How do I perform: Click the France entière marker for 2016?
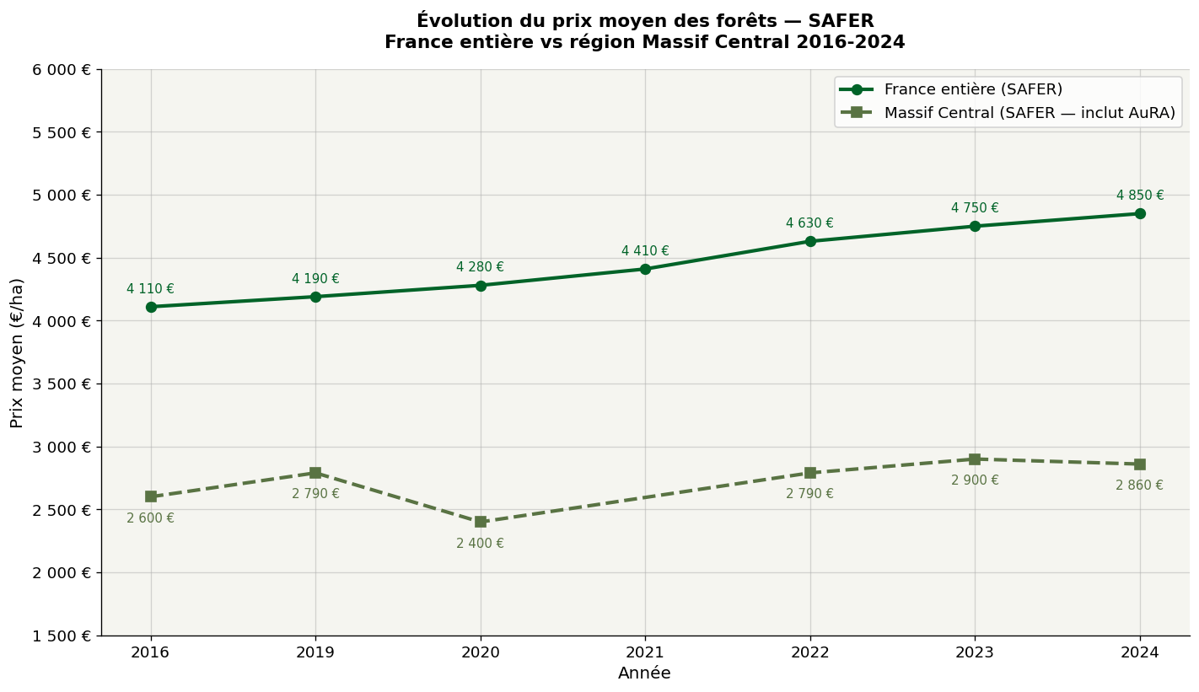(x=151, y=307)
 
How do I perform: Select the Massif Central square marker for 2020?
(x=481, y=522)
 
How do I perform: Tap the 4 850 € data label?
(x=1140, y=196)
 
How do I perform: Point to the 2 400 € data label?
(x=480, y=544)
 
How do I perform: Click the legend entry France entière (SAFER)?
(x=973, y=89)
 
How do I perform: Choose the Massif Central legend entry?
(x=1029, y=113)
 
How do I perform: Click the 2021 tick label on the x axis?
(x=645, y=652)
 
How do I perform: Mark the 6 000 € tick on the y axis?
(x=62, y=70)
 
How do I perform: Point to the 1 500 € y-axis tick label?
(x=62, y=636)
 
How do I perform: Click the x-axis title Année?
(x=644, y=673)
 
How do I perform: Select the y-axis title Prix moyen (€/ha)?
(x=18, y=352)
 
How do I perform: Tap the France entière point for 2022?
(x=810, y=241)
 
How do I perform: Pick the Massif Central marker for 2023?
(x=975, y=459)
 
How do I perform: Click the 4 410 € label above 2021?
(x=645, y=251)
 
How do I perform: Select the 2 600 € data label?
(x=150, y=518)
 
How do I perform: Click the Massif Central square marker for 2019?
(x=315, y=473)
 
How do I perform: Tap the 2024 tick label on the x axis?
(x=1140, y=652)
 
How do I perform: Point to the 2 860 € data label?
(x=1139, y=485)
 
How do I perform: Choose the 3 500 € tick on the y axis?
(x=62, y=384)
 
